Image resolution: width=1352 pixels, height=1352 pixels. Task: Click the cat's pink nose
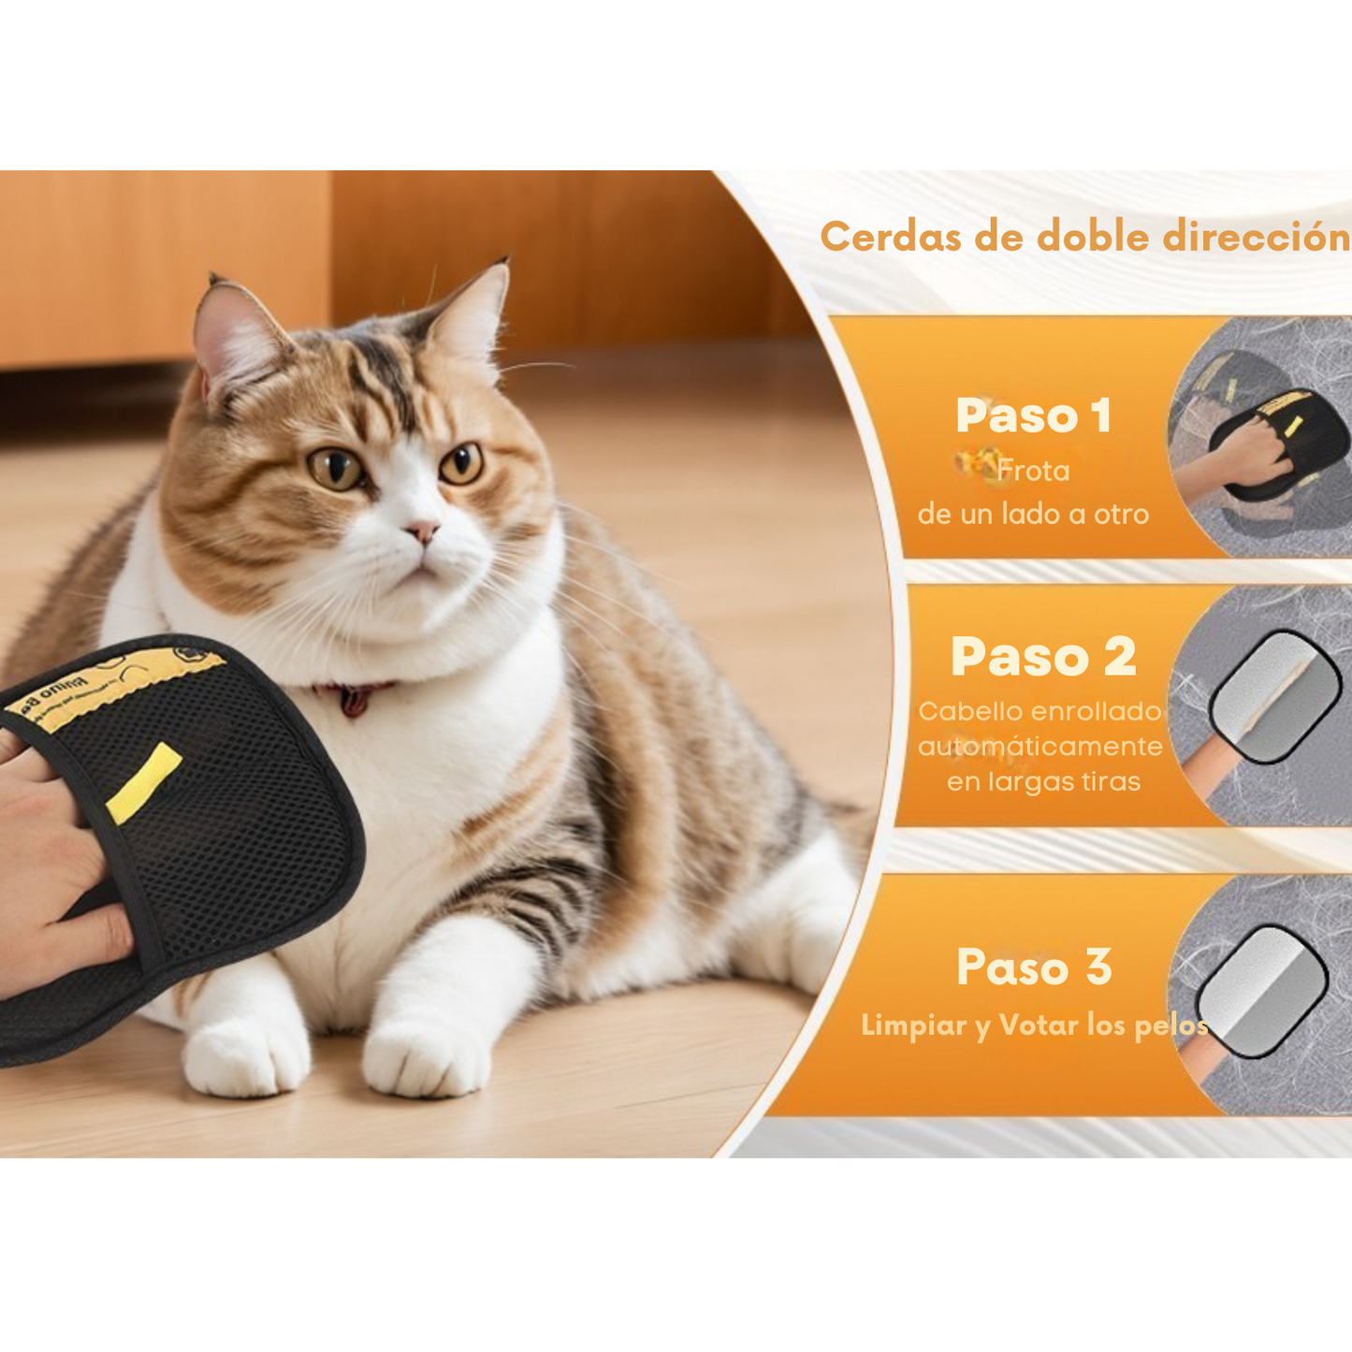(x=423, y=531)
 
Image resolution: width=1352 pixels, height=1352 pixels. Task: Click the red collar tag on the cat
(x=353, y=699)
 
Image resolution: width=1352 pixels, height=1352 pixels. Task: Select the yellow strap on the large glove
(x=143, y=782)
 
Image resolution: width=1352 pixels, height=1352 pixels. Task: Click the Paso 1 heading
(x=1033, y=415)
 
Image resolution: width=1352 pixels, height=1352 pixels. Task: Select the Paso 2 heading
(x=1043, y=656)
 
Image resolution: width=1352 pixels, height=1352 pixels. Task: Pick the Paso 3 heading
(x=1034, y=967)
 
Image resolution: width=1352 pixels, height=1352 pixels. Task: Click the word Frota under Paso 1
(x=1033, y=470)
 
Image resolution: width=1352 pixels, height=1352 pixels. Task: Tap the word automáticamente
(x=1039, y=747)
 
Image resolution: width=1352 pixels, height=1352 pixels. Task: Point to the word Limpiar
(x=913, y=1025)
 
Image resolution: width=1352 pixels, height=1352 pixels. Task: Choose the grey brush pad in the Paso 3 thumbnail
(x=1263, y=991)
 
